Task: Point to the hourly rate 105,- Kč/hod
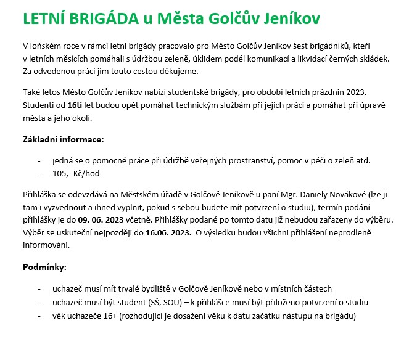click(76, 174)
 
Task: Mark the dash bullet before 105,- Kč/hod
click(40, 174)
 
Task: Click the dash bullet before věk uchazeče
click(40, 316)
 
